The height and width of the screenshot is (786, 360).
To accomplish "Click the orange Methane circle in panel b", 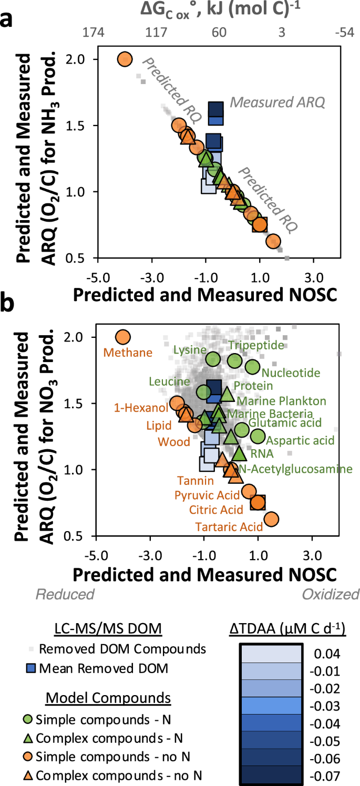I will point(122,337).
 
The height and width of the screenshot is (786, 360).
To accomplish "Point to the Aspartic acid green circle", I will point(258,436).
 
